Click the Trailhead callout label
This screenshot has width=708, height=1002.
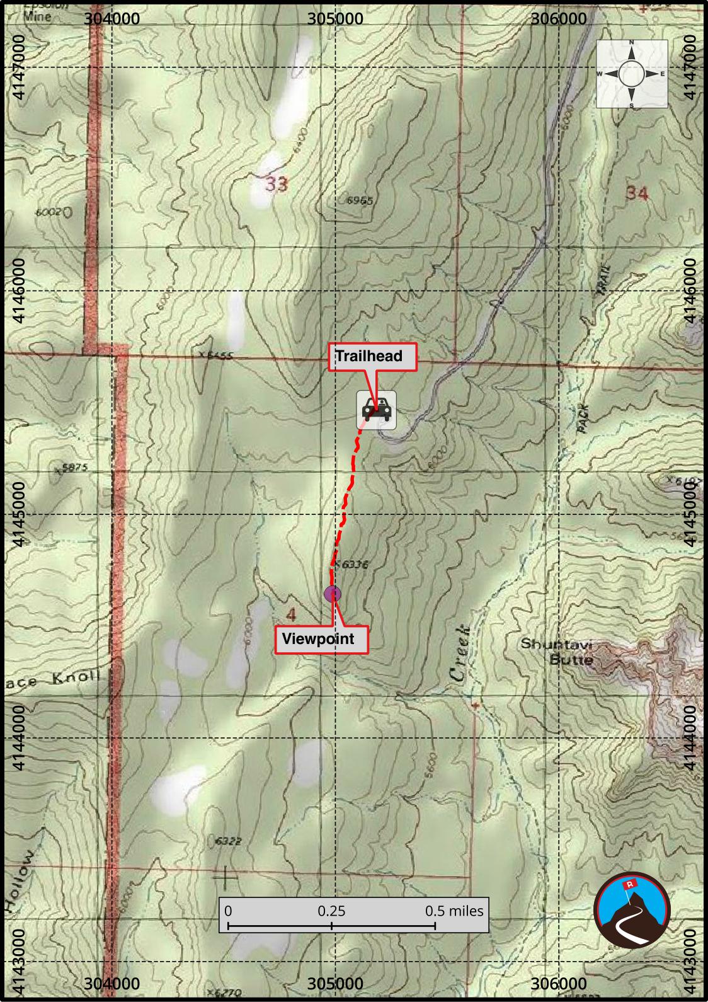pyautogui.click(x=373, y=357)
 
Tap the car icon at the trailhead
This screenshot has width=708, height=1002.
pyautogui.click(x=377, y=410)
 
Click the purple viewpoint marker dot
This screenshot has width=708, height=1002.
pyautogui.click(x=332, y=593)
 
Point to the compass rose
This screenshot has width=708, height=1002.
pyautogui.click(x=632, y=74)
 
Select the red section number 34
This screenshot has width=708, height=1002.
pyautogui.click(x=636, y=193)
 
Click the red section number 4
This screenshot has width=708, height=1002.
pyautogui.click(x=290, y=613)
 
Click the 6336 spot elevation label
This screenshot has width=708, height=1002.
pyautogui.click(x=353, y=565)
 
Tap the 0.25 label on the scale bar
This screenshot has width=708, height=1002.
pyautogui.click(x=331, y=911)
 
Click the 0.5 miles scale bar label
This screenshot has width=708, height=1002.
pyautogui.click(x=454, y=911)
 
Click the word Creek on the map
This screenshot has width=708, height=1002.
pyautogui.click(x=460, y=653)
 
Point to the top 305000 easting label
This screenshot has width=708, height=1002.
pyautogui.click(x=335, y=19)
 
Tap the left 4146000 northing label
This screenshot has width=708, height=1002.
pyautogui.click(x=19, y=290)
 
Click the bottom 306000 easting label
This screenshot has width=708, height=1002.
pyautogui.click(x=559, y=983)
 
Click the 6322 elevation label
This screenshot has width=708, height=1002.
pyautogui.click(x=228, y=841)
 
